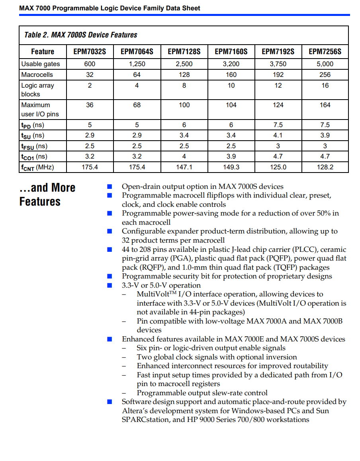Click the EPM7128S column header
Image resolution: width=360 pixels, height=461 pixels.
coord(184,51)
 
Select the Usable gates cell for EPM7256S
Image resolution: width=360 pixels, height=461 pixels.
coord(325,64)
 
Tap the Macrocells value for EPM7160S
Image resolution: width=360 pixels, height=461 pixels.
coord(231,75)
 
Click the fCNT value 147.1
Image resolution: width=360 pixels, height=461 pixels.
coord(184,167)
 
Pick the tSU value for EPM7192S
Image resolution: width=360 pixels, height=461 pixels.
coord(278,135)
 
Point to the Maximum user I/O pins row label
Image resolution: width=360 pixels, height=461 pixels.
coord(40,110)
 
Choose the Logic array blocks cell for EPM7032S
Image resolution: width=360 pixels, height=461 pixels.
coord(90,85)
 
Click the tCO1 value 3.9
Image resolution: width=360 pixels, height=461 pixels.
coord(231,157)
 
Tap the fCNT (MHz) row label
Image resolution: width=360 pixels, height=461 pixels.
coord(37,167)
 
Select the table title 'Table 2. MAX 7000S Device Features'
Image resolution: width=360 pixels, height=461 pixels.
coord(80,35)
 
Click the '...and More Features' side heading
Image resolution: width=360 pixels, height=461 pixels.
coord(47,194)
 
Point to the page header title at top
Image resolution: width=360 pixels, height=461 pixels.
coord(110,8)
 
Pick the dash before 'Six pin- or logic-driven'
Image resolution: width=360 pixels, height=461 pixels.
coord(124,348)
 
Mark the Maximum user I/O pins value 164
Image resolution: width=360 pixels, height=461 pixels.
coord(325,105)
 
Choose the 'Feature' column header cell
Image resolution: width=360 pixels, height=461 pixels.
coord(43,51)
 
